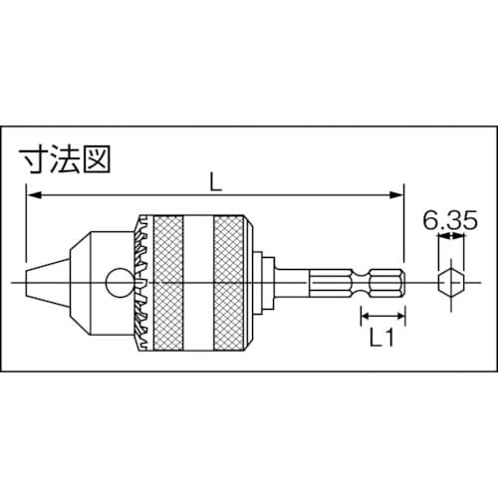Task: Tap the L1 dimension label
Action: pos(380,340)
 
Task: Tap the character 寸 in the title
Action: pos(37,159)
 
